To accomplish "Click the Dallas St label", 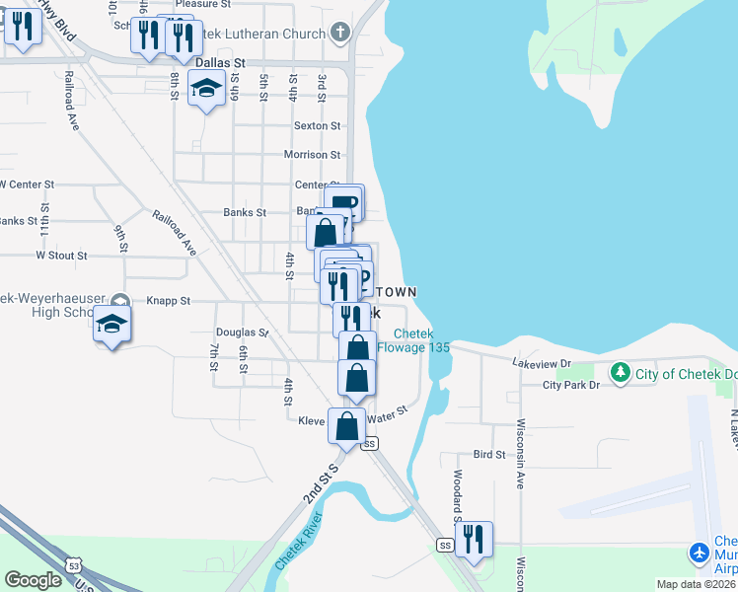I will [219, 62].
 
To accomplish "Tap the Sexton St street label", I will [317, 126].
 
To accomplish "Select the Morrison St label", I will [312, 155].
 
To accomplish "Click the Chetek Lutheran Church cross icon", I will [340, 34].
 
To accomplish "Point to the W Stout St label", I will [61, 256].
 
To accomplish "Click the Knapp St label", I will [169, 300].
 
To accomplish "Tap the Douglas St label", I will [243, 333].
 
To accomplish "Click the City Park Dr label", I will [571, 385].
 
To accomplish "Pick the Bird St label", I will [489, 455].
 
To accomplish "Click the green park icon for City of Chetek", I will [620, 373].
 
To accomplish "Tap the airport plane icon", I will [700, 552].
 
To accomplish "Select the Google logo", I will [33, 580].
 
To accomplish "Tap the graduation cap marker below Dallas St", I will [206, 90].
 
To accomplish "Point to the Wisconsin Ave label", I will [519, 452].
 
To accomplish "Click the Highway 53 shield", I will [75, 564].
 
